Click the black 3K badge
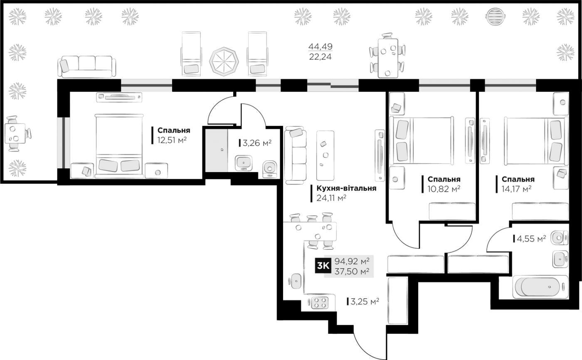tap(323, 266)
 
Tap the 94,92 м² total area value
tap(352, 261)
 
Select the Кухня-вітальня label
tap(346, 188)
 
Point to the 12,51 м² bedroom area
tap(172, 140)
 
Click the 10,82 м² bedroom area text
tap(444, 189)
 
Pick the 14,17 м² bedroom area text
tap(516, 189)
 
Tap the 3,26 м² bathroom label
tap(257, 143)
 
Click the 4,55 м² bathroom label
tap(531, 239)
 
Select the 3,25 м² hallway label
tap(365, 301)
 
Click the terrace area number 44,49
tap(321, 47)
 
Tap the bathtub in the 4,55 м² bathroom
tap(540, 287)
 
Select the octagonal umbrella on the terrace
tap(224, 62)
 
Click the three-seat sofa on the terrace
tap(87, 67)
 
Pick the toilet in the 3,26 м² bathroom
tap(269, 169)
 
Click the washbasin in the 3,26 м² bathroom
tap(244, 163)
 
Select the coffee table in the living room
tap(325, 155)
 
